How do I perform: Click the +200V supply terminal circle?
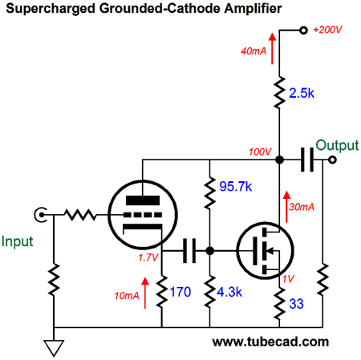(x=303, y=30)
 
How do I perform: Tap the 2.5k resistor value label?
(x=302, y=93)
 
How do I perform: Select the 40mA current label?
(x=254, y=51)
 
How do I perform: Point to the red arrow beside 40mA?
(x=272, y=49)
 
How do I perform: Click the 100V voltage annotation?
(x=260, y=152)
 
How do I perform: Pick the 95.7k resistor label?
(x=236, y=186)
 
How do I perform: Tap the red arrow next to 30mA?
(x=286, y=207)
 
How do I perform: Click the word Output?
(x=337, y=146)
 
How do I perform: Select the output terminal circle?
(x=332, y=160)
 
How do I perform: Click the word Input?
(x=18, y=241)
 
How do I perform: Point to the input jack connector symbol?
(x=41, y=215)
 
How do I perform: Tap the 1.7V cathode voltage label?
(x=148, y=257)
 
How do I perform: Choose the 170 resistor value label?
(x=180, y=292)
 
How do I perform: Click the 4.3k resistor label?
(x=229, y=292)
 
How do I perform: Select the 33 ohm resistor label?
(x=297, y=304)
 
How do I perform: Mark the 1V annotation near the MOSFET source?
(x=288, y=279)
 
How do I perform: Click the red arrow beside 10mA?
(x=145, y=293)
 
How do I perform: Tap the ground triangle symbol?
(x=54, y=348)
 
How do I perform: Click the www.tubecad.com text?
(x=270, y=342)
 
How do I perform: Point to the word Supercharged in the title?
(x=51, y=9)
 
